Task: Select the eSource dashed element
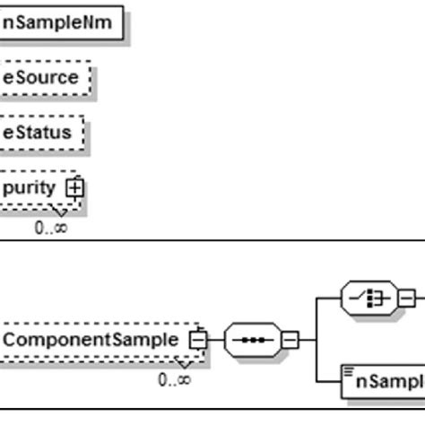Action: tap(42, 78)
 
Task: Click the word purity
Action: tap(30, 188)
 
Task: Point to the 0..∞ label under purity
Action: tap(50, 228)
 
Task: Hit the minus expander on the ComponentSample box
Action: tap(195, 341)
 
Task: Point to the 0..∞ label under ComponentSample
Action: tap(174, 380)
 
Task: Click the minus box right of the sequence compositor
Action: tap(291, 341)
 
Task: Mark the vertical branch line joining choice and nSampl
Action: tap(317, 341)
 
